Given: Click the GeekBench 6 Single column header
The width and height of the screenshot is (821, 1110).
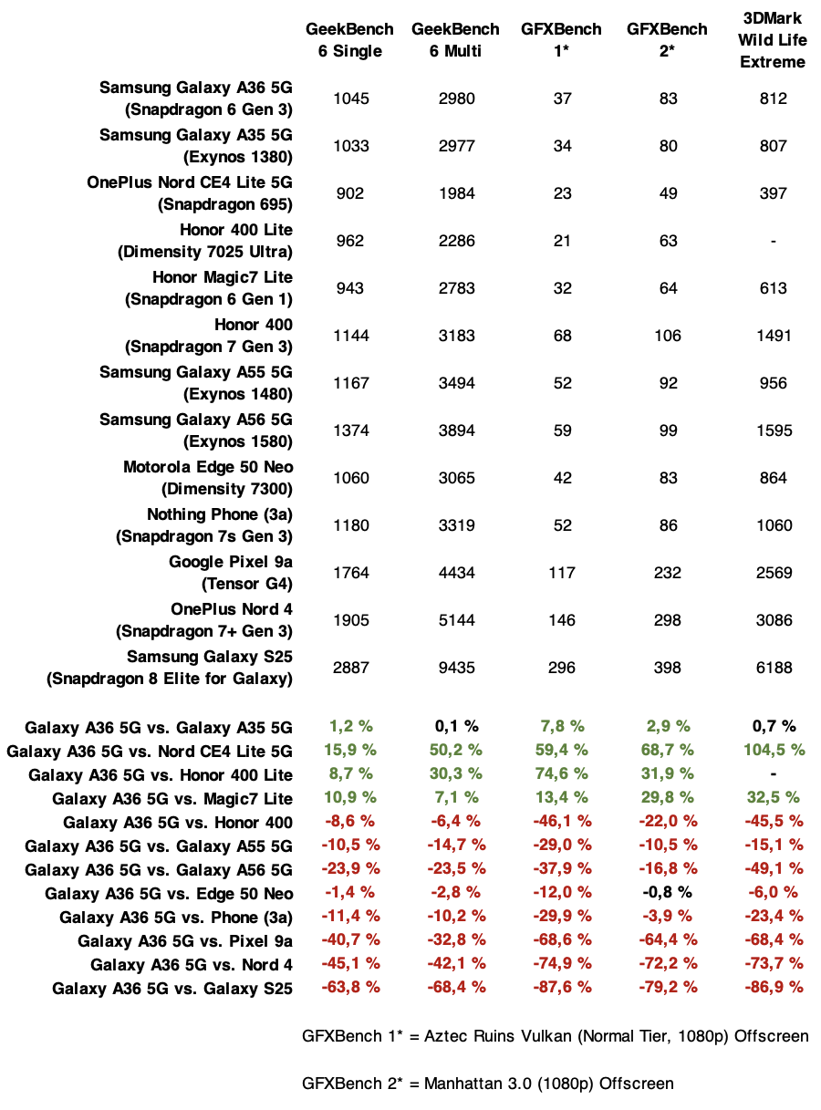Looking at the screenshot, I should pos(351,40).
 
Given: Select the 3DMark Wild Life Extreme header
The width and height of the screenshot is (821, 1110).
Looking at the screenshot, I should pos(773,40).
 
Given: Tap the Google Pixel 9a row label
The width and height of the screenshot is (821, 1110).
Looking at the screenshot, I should pos(231,573).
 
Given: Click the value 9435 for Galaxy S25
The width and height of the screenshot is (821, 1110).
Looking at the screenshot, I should pos(456,668).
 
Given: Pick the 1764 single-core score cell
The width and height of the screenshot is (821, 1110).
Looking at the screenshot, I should pos(351,573).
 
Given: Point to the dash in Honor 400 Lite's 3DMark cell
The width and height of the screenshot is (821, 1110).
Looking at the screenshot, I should pos(773,241).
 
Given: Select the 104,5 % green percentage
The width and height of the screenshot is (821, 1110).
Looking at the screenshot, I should pos(773,750).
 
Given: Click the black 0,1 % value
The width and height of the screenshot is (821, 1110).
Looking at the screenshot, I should pos(456,726).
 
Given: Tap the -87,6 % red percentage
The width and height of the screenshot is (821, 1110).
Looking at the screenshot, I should pos(562,986).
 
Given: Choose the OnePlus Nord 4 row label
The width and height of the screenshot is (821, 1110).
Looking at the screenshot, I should pos(232,620).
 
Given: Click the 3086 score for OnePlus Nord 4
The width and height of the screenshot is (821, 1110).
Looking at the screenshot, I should pos(773,620).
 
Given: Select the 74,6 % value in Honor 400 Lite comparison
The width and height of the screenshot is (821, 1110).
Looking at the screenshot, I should pos(562,773).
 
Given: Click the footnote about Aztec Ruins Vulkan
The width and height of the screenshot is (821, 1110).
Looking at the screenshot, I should pos(555,1036).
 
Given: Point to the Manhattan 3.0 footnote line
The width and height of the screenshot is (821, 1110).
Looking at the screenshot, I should pos(488,1084).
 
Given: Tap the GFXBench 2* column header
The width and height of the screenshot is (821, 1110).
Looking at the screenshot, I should pos(667,40).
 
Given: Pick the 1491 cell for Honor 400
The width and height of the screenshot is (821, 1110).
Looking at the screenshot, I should pos(773,336).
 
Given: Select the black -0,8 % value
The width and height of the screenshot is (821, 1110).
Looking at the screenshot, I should pos(667,892).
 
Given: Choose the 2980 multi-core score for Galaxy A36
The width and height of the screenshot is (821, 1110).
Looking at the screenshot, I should pos(456,99).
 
